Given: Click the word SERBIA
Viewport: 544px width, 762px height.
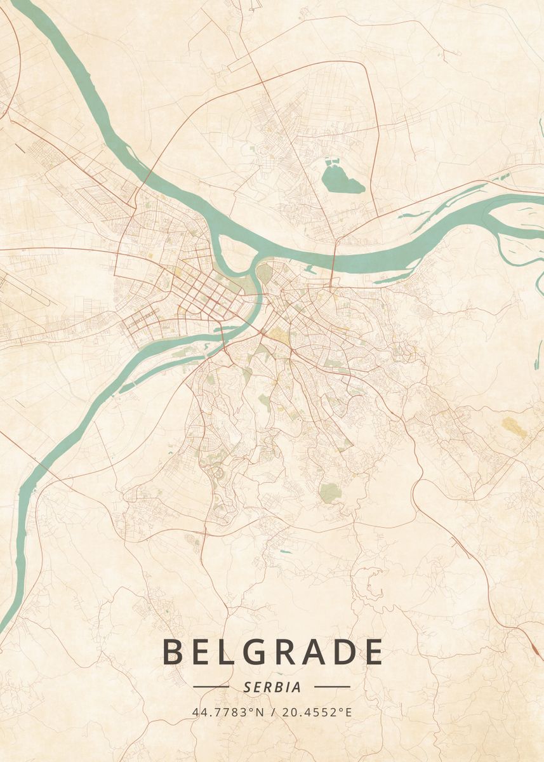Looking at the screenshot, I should pyautogui.click(x=272, y=687).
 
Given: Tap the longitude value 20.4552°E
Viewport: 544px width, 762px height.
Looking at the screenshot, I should pyautogui.click(x=316, y=712).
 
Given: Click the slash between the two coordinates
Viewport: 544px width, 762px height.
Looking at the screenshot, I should pyautogui.click(x=272, y=712).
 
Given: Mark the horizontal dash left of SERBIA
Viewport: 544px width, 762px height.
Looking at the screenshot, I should pyautogui.click(x=211, y=686).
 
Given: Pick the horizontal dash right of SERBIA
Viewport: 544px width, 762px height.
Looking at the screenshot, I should pyautogui.click(x=332, y=686).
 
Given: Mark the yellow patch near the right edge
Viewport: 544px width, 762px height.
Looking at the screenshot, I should pyautogui.click(x=514, y=427).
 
